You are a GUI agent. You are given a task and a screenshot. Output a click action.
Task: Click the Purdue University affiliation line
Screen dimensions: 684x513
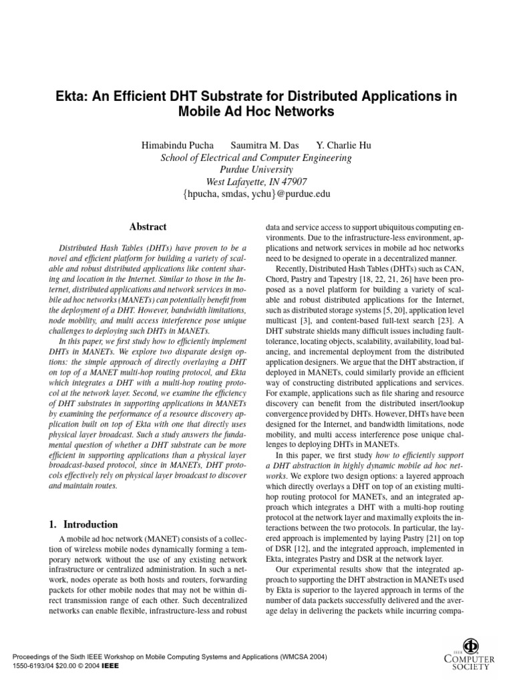coord(256,170)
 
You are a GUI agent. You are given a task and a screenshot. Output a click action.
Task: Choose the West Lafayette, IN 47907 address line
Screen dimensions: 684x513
coord(256,182)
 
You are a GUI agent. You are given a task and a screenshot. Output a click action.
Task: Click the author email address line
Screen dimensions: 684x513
coord(256,194)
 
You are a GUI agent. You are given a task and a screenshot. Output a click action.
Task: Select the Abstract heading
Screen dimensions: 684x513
coord(148,227)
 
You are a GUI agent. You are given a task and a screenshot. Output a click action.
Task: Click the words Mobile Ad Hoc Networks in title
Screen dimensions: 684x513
coord(256,112)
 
